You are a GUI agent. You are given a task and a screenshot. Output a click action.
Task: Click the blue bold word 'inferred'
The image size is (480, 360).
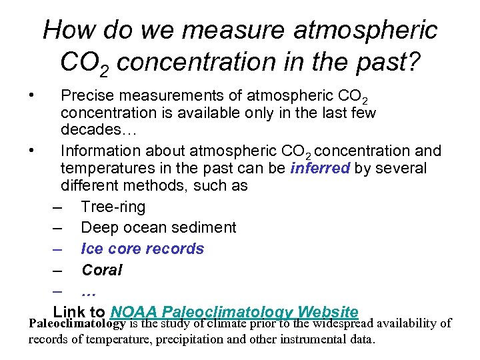point(320,168)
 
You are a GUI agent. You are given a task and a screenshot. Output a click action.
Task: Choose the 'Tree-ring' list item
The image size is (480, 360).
point(113,207)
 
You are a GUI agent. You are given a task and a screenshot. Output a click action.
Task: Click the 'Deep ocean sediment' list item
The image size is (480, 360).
point(158,228)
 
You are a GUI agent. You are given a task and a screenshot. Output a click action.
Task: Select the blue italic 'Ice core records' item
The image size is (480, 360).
point(142,249)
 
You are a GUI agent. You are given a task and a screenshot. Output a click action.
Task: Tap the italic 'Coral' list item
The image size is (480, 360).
point(101,270)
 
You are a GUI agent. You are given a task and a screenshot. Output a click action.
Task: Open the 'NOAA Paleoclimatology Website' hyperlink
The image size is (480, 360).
point(235,311)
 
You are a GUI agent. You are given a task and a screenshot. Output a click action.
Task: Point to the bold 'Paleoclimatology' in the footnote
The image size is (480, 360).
point(77,324)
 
